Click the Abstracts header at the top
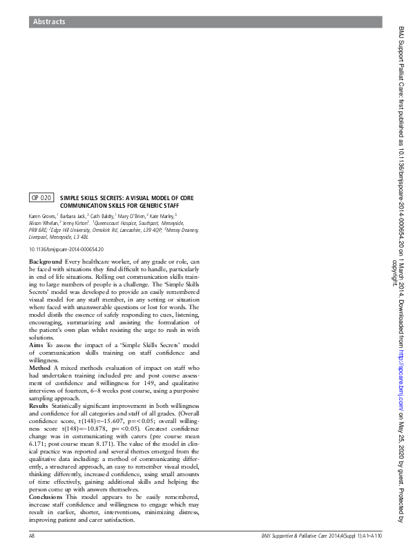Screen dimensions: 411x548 pyautogui.click(x=49, y=22)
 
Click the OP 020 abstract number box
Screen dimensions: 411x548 pyautogui.click(x=41, y=198)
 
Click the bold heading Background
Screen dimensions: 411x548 pyautogui.click(x=45, y=262)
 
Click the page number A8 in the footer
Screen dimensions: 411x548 pyautogui.click(x=32, y=536)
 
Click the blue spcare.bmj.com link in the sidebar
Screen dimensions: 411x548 pyautogui.click(x=402, y=373)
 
